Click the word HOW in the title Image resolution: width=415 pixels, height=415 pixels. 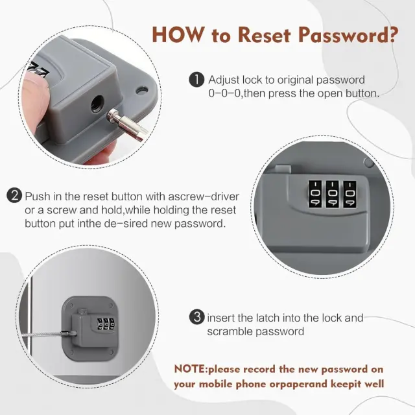tap(178, 34)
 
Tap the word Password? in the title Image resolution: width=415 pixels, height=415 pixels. tap(348, 34)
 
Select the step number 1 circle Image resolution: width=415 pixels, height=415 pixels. tap(196, 80)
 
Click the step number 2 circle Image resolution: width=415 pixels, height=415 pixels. tap(14, 196)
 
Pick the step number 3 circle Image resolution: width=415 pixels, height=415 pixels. tap(197, 317)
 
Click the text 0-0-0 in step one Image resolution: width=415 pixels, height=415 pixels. tap(225, 93)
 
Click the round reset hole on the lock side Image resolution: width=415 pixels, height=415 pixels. tap(97, 104)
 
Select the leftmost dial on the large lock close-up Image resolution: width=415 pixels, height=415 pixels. tap(315, 194)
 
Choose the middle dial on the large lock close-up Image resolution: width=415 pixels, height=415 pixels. tap(332, 194)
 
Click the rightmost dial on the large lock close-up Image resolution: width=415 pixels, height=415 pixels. tap(350, 194)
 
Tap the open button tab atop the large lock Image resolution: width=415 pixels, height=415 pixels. tap(283, 169)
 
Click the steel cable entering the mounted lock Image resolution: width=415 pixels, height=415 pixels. tap(45, 335)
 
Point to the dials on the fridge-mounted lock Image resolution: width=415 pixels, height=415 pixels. tap(106, 324)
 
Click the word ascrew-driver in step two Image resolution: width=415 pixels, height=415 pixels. tap(204, 196)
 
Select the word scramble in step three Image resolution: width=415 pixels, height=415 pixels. tap(229, 331)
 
